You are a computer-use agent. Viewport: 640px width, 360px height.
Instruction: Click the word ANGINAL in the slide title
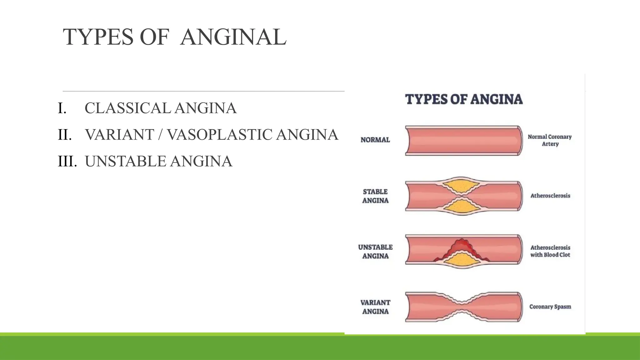(233, 37)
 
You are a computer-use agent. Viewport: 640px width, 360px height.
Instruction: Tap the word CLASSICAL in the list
(127, 108)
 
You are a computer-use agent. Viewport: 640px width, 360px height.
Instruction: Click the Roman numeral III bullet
(67, 162)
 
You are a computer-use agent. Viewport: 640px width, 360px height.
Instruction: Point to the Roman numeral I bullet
(62, 108)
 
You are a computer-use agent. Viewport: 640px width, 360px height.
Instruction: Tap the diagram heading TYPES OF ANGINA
(464, 99)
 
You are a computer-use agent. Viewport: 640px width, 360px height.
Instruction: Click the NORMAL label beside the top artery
(375, 140)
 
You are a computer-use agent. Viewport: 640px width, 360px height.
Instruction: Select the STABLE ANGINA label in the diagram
(375, 196)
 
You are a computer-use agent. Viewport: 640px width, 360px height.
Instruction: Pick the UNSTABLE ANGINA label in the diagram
(375, 252)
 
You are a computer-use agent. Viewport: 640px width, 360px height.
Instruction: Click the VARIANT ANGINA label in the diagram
(375, 307)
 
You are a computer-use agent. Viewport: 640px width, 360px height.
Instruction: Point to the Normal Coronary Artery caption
(550, 140)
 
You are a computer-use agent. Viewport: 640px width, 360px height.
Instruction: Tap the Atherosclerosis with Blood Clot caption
(550, 251)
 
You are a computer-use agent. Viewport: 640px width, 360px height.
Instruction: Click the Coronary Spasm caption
(550, 307)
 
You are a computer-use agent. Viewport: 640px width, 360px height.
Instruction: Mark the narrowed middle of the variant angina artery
(462, 307)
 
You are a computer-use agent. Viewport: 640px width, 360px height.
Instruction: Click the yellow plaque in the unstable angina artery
(461, 260)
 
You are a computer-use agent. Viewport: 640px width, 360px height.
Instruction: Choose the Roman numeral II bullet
(65, 135)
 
